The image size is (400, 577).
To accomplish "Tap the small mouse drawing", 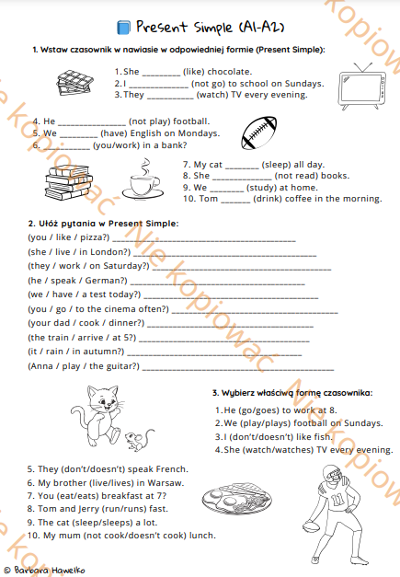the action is [135, 439].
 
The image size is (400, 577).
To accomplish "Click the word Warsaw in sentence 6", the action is [166, 481].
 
